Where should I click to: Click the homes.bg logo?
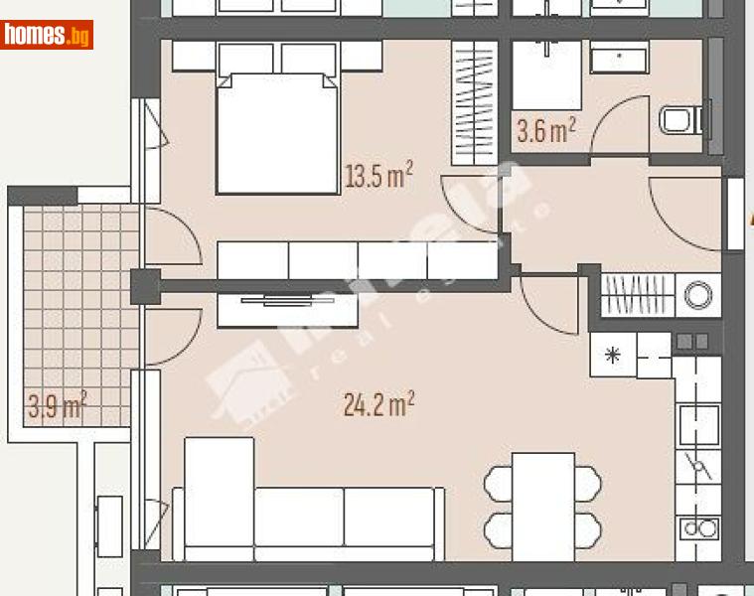pyautogui.click(x=47, y=36)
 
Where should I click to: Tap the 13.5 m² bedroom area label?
pyautogui.click(x=377, y=177)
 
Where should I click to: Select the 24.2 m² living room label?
pyautogui.click(x=377, y=404)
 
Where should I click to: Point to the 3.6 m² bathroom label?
pyautogui.click(x=545, y=130)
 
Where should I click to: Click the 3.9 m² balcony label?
pyautogui.click(x=57, y=405)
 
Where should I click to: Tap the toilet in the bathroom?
pyautogui.click(x=679, y=121)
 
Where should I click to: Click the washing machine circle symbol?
pyautogui.click(x=699, y=294)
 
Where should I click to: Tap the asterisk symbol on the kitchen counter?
pyautogui.click(x=613, y=355)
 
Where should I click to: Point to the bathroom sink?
pyautogui.click(x=618, y=60)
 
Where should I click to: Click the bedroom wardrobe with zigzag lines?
pyautogui.click(x=474, y=101)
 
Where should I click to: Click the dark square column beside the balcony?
pyautogui.click(x=145, y=286)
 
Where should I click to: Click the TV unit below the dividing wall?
pyautogui.click(x=288, y=310)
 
